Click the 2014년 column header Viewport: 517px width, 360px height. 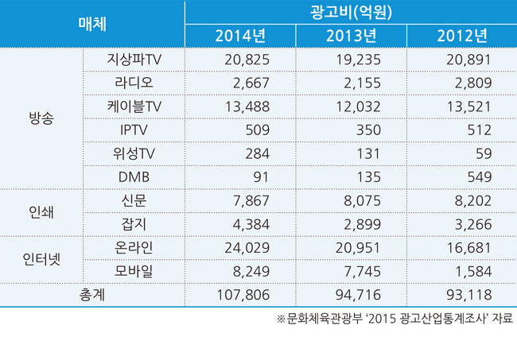coord(239,36)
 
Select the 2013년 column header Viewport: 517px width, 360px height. coord(351,36)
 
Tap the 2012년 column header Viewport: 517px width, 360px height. coord(461,36)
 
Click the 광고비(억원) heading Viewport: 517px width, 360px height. coord(350,13)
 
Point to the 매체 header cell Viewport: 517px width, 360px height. coord(93,24)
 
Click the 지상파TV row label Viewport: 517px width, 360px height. coord(134,59)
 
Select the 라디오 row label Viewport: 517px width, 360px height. coord(134,83)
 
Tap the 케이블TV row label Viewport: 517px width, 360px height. coord(134,106)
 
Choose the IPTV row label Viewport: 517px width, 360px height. coord(134,130)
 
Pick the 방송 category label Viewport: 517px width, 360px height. coord(41,118)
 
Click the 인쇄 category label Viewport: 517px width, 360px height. coord(41,211)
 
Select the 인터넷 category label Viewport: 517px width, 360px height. coord(41,259)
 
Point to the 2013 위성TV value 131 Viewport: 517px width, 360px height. coord(364,153)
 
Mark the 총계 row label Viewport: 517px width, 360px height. coord(93,294)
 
